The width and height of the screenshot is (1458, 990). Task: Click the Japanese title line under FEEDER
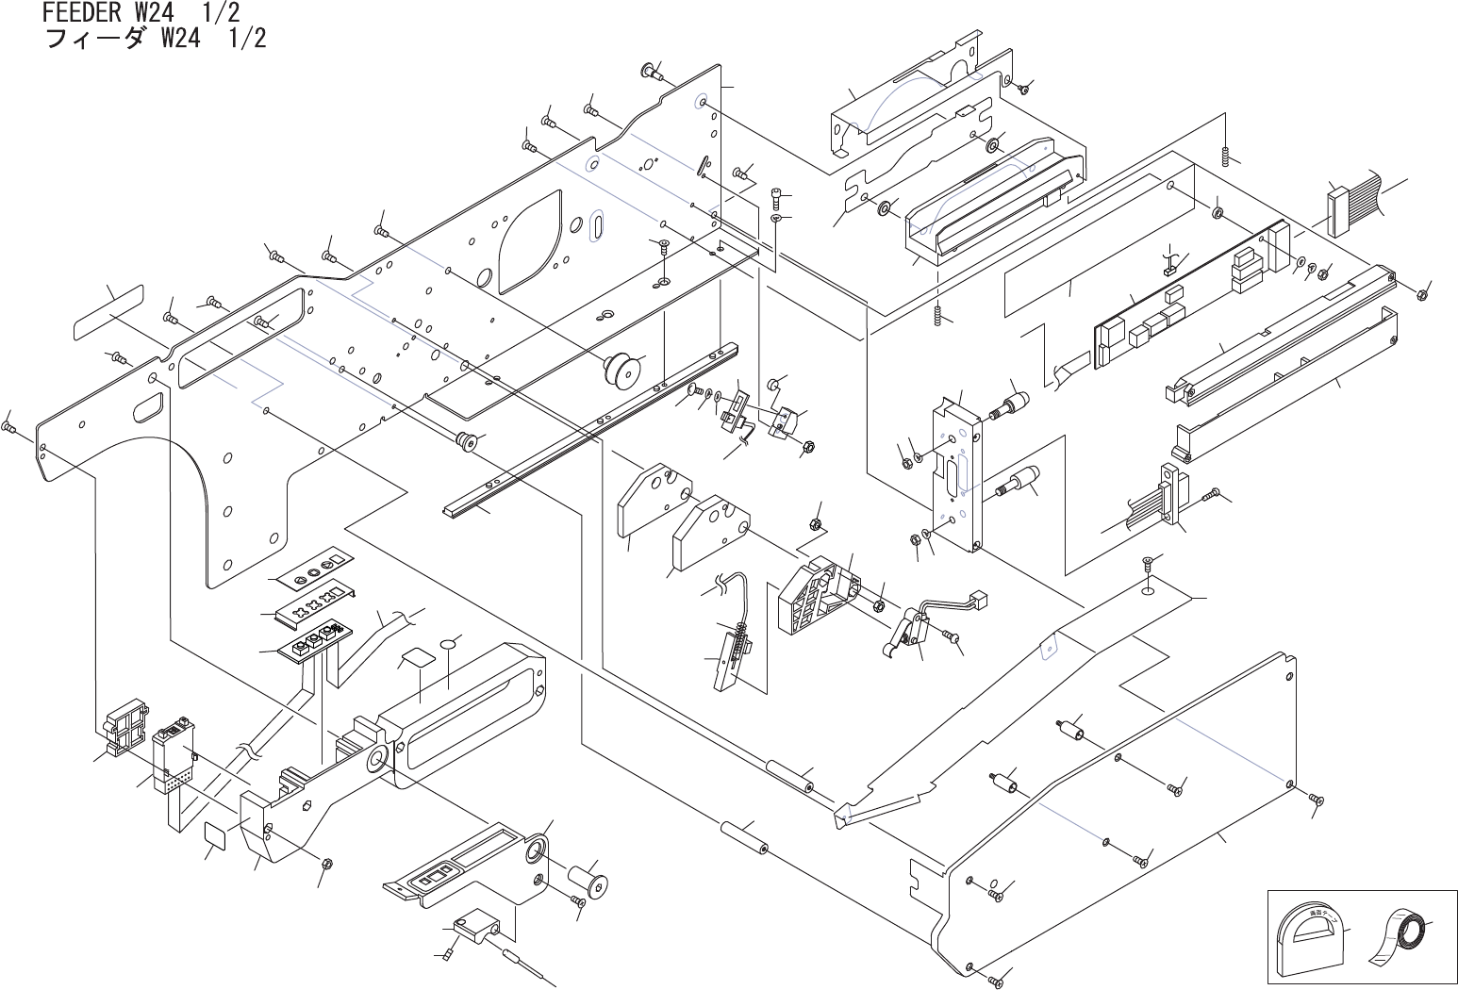point(156,38)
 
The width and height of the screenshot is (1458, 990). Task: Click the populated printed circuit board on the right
point(1188,297)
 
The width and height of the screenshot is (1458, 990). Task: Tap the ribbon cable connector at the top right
point(1338,213)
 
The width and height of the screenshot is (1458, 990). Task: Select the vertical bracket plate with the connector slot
point(957,475)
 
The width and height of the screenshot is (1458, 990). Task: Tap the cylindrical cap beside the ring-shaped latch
point(588,878)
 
